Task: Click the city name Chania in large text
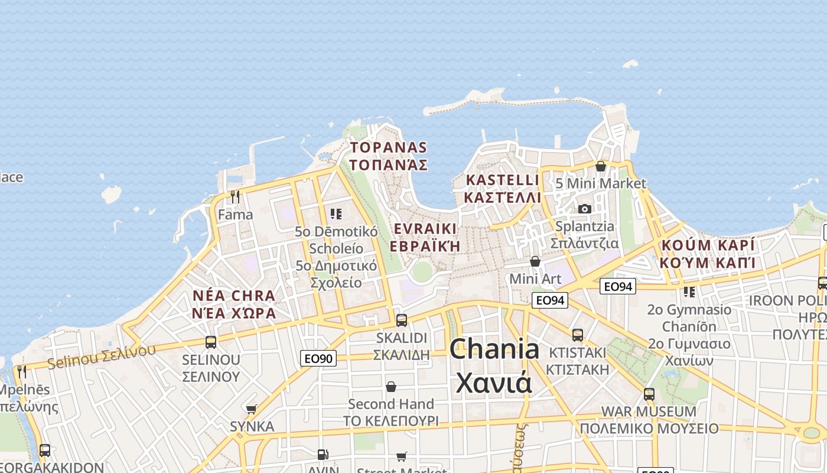pos(494,349)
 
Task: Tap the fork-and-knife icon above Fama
pos(235,196)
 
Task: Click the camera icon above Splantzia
pos(585,209)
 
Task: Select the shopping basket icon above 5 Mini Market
pos(601,166)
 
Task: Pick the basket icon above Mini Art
pos(535,261)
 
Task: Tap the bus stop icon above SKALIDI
pos(402,320)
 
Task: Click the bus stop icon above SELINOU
pos(211,342)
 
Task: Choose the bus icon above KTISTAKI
pos(578,335)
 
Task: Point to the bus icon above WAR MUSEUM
pos(649,394)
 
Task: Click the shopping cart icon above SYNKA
pos(252,409)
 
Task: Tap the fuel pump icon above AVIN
pos(323,455)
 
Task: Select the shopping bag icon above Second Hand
pos(390,387)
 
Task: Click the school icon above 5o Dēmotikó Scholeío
pos(336,213)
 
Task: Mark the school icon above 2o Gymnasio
pos(689,291)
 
